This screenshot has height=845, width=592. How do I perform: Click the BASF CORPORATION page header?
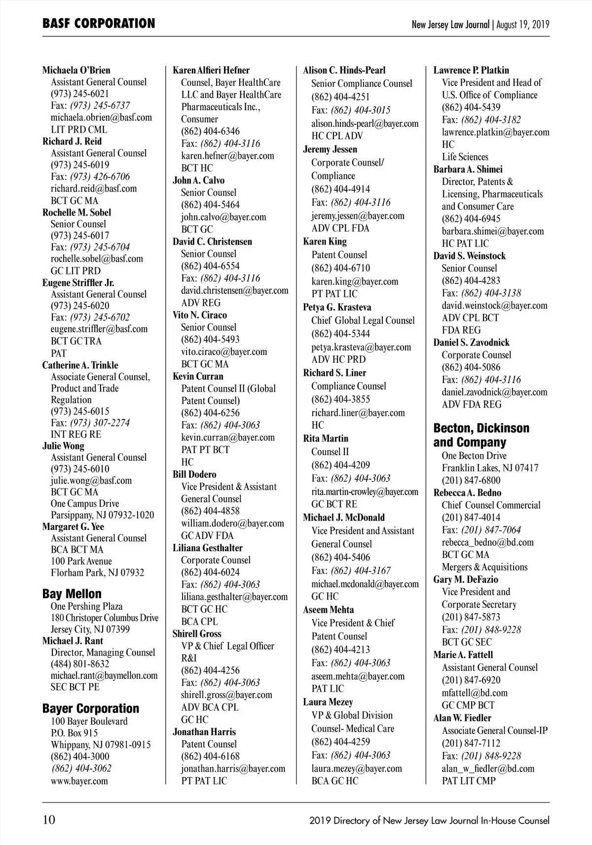[99, 23]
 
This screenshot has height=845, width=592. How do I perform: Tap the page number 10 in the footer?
[49, 819]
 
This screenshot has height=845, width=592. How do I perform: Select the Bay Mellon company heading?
[72, 594]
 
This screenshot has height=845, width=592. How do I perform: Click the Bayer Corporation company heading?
[91, 708]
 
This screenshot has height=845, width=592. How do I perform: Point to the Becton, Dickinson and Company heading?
[481, 435]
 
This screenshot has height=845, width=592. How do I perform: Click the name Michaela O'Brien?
[76, 70]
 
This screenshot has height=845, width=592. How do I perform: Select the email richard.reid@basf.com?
[94, 188]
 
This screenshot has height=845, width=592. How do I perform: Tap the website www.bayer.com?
[79, 780]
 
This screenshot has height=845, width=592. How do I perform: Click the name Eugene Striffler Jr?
[78, 282]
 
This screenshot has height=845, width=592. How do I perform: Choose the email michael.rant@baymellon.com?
[104, 675]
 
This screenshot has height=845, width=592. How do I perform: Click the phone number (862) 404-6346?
[210, 131]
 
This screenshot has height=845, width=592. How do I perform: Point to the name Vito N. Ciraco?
[200, 315]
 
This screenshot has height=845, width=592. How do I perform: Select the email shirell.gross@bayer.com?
[226, 695]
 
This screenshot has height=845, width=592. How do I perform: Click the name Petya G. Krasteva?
[337, 307]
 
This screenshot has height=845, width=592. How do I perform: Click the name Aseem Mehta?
[328, 609]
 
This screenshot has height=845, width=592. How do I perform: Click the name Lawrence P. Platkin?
[471, 70]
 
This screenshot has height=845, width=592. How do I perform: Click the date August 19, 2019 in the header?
[523, 24]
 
